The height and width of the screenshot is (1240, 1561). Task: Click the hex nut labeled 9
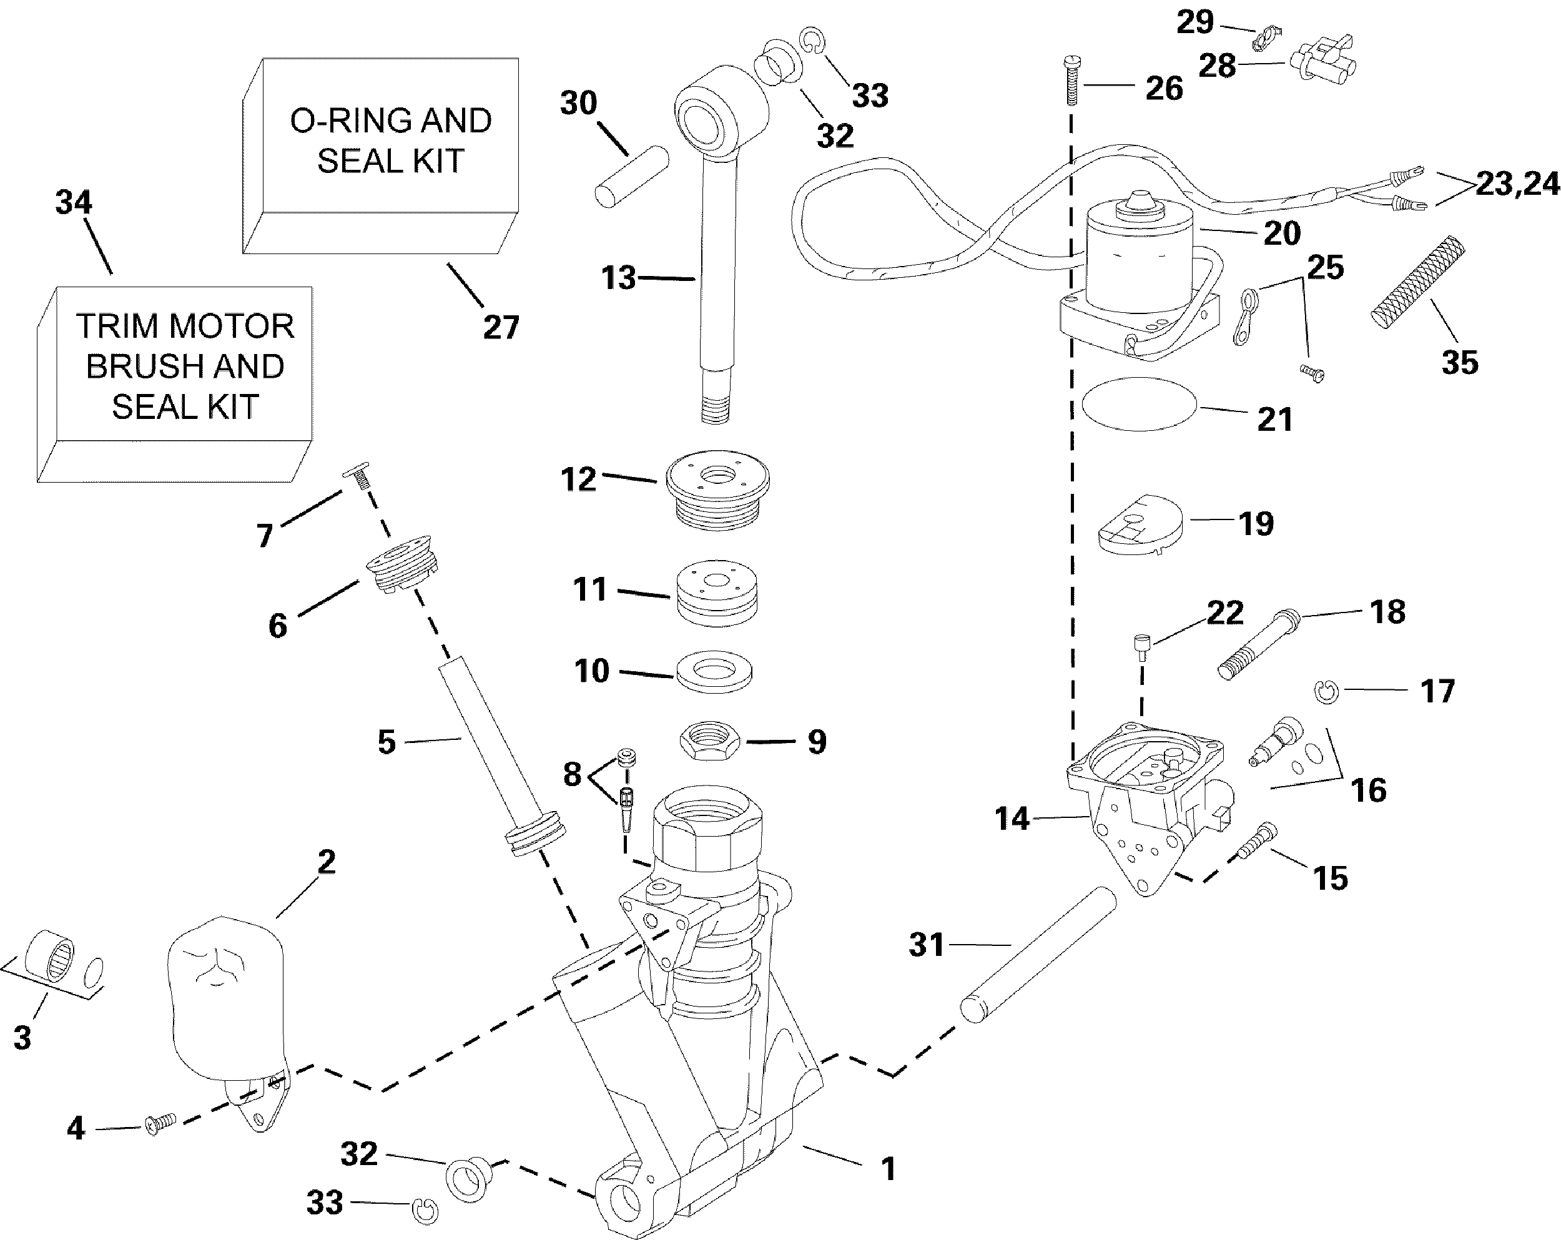(x=709, y=741)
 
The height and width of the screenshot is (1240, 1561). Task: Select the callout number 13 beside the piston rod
(x=618, y=278)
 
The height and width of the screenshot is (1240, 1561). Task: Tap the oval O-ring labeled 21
(x=1140, y=405)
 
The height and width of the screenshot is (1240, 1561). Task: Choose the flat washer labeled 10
(x=714, y=672)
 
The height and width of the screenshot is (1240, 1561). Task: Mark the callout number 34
(x=74, y=202)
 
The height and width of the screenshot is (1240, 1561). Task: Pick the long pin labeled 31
(x=1039, y=955)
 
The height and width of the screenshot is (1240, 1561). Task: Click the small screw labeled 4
(x=160, y=1123)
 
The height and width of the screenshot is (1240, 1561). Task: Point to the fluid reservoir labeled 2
(x=226, y=999)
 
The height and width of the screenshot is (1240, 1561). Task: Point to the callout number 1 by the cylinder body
(x=889, y=1168)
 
